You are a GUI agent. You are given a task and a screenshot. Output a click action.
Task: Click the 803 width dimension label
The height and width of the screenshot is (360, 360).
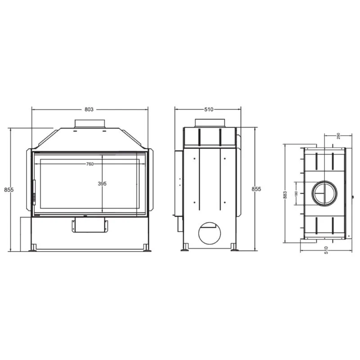tap(89, 109)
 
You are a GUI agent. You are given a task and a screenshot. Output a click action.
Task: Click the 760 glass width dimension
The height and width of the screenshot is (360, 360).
tap(90, 164)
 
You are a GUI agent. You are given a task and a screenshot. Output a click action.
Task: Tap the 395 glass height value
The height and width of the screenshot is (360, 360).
tap(102, 184)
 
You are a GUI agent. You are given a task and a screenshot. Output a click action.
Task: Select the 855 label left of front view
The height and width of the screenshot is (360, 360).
tap(9, 189)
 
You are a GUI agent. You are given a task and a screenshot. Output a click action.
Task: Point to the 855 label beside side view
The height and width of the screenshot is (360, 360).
tap(256, 189)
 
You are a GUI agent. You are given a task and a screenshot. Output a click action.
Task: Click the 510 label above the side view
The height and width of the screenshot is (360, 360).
tap(209, 109)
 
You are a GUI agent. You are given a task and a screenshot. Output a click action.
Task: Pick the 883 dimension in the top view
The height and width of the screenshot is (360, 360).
tap(285, 195)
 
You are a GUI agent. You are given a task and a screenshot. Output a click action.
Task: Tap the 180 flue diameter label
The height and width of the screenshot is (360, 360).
tap(296, 194)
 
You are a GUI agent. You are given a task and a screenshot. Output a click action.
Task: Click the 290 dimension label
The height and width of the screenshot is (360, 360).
tap(338, 136)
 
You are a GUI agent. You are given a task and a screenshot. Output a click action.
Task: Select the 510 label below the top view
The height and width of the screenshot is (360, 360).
tap(326, 250)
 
